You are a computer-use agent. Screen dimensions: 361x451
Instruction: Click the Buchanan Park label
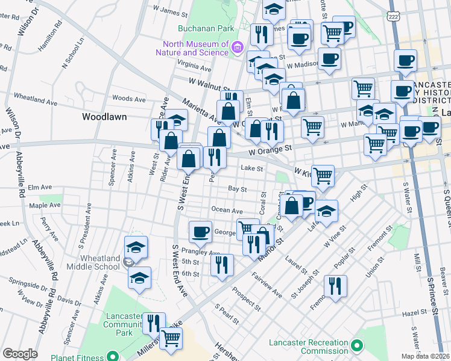pos(197,28)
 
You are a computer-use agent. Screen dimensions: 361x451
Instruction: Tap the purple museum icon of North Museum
pos(238,48)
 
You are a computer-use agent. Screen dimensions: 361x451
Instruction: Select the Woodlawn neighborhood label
pos(104,117)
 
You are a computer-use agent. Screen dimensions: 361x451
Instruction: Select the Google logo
pos(20,354)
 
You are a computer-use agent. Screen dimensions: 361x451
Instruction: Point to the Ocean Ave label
pos(226,211)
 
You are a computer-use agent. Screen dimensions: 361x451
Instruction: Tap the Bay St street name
pos(238,189)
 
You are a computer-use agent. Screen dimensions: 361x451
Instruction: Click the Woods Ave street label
pos(129,98)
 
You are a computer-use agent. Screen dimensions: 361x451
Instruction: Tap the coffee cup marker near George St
pos(200,231)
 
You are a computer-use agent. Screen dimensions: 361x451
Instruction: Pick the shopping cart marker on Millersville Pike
pos(171,338)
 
